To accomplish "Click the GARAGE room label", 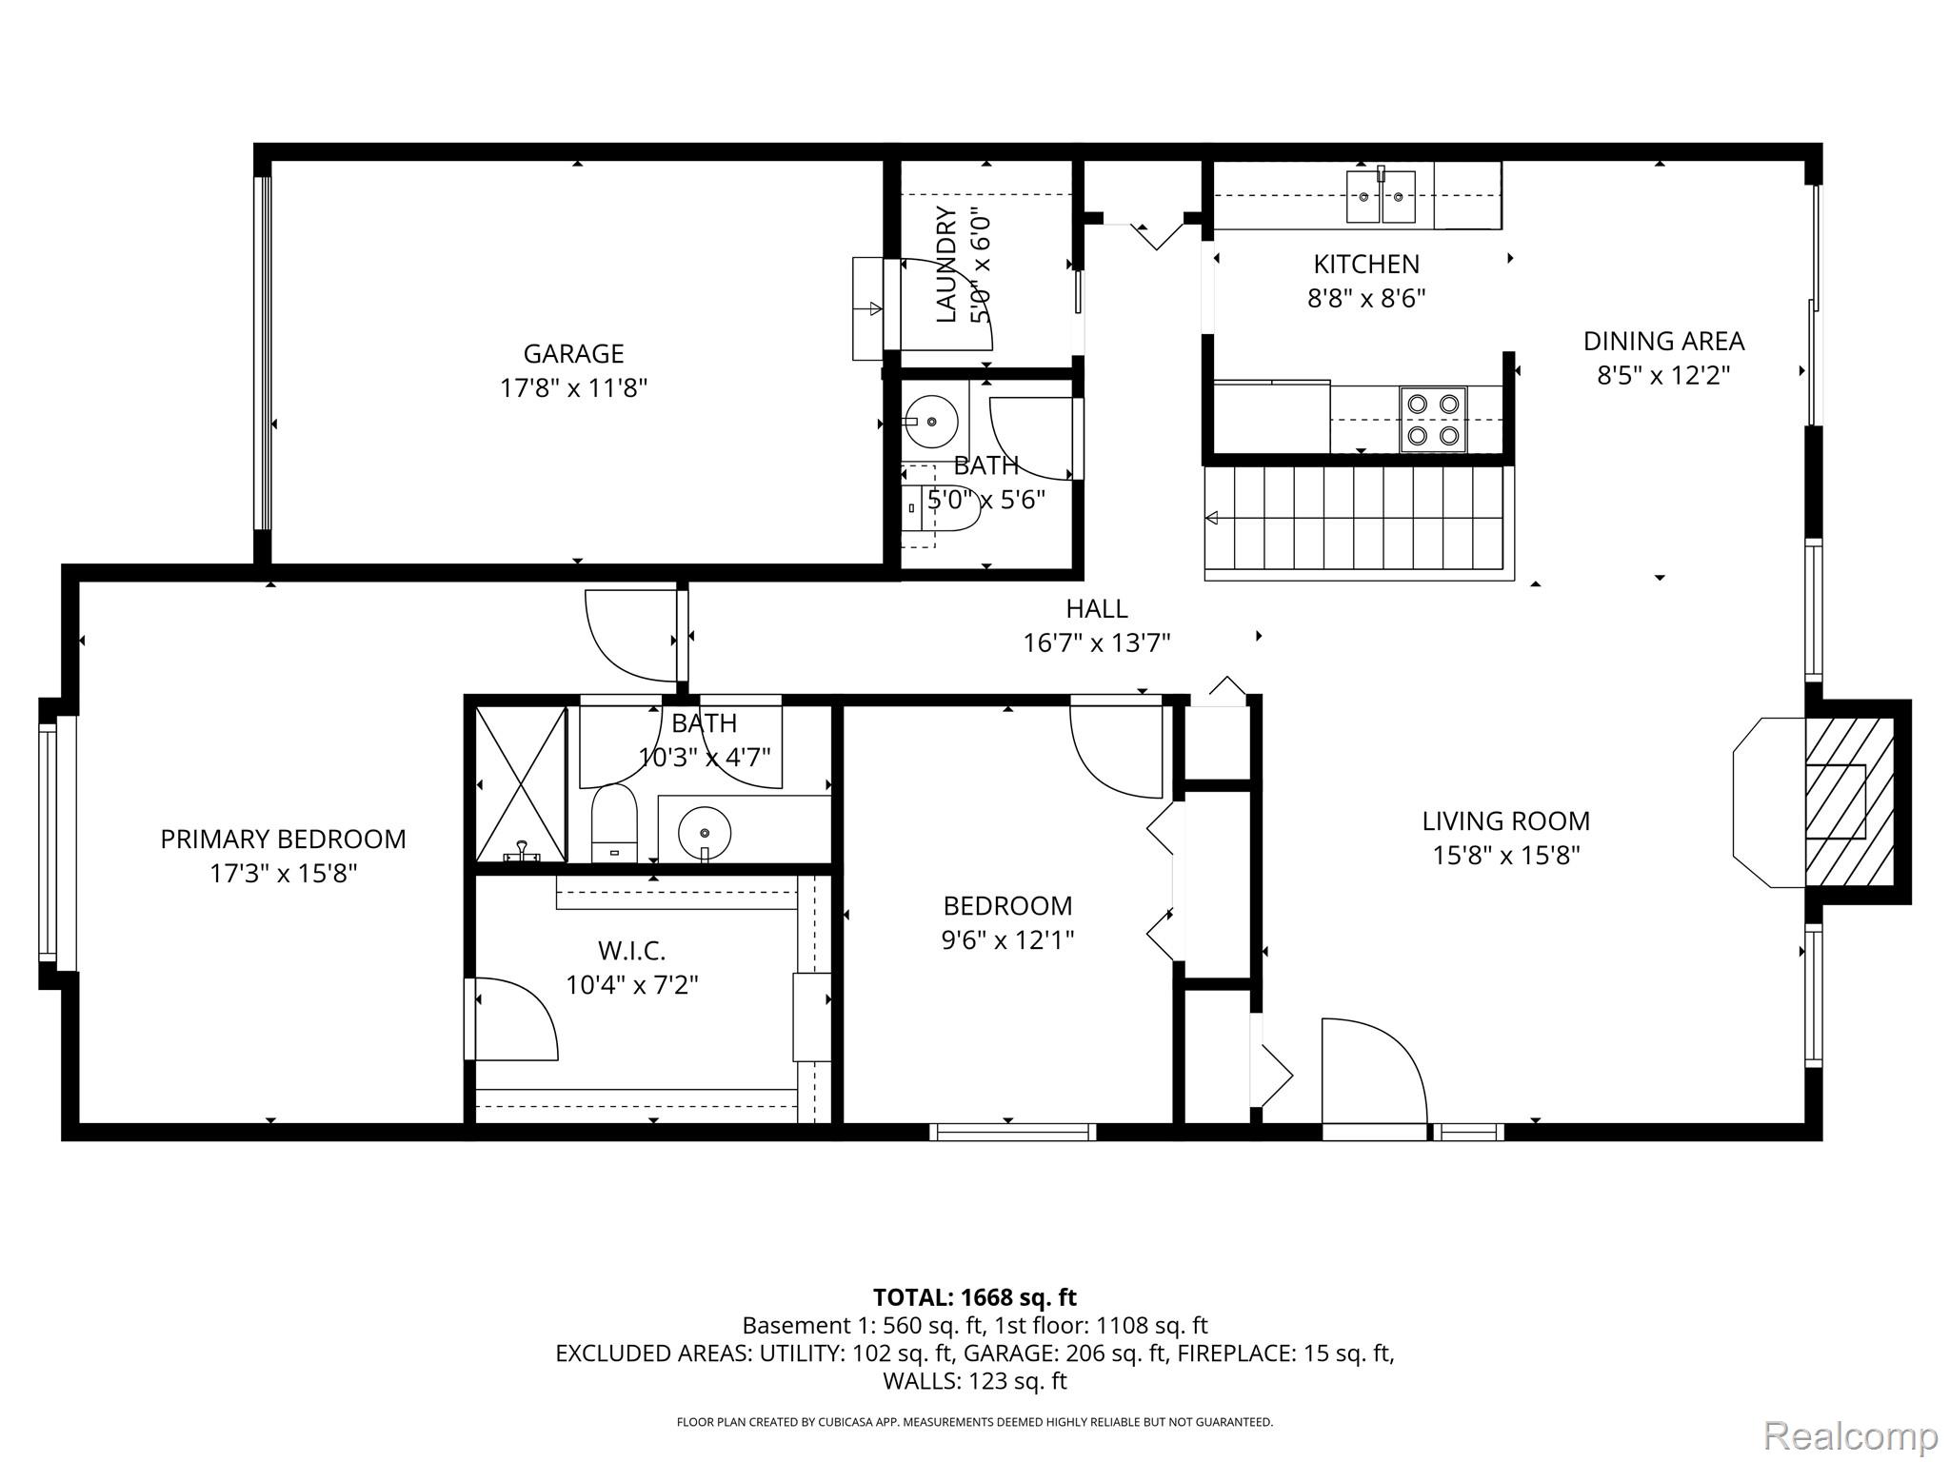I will coord(573,353).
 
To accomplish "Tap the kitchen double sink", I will coord(1381,197).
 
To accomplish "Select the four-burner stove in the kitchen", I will coord(1433,419).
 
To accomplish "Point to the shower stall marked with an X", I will coord(520,784).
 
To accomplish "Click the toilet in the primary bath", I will coord(614,823).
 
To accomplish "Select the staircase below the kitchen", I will coord(1359,519).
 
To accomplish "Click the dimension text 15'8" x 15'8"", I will coord(1505,856).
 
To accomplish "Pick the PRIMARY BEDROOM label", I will coord(283,839).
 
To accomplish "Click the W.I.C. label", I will coord(631,950).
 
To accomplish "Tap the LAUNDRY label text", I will coord(946,266).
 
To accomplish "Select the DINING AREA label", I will coord(1662,341).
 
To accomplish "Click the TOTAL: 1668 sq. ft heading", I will coord(974,1296).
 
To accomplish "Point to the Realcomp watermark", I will coord(1850,1434).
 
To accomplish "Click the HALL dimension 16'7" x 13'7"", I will coord(1096,643).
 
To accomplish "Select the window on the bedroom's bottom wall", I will coord(1012,1132).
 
